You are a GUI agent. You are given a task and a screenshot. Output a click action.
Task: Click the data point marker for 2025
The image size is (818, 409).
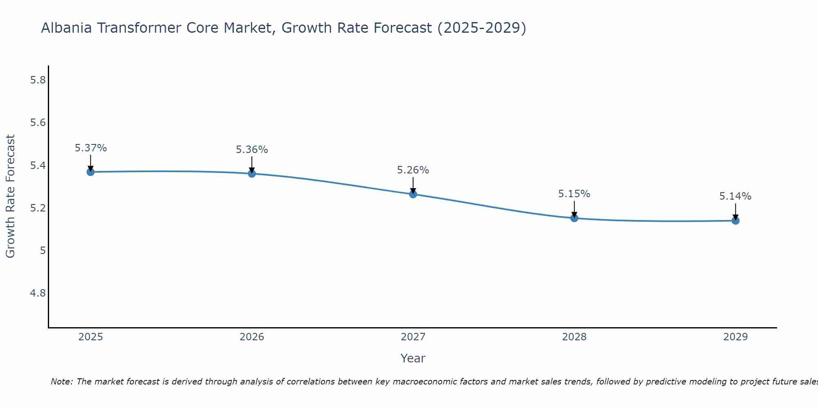(90, 172)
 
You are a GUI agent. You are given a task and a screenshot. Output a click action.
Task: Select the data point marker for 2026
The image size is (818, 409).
(252, 173)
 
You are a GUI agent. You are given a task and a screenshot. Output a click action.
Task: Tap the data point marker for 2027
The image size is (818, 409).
(413, 194)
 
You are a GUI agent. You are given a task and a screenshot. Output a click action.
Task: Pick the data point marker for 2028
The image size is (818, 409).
(574, 218)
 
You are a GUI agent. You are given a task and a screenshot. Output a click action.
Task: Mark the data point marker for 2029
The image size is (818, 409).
(735, 221)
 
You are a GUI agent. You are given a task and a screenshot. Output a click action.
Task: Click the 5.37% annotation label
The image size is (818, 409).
(90, 148)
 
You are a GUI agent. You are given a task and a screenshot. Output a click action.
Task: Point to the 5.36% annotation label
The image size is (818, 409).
(252, 150)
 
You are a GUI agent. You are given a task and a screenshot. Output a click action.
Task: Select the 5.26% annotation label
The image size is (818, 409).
(413, 170)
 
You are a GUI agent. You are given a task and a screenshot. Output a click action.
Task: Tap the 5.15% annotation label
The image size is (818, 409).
(574, 194)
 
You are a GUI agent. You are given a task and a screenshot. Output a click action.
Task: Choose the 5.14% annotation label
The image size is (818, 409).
(735, 196)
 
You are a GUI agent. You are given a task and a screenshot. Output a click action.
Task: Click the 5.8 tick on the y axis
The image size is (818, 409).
(38, 80)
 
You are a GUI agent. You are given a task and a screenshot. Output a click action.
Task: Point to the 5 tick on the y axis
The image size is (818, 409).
(43, 250)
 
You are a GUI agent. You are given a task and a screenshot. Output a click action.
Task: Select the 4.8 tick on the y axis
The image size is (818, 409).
(38, 293)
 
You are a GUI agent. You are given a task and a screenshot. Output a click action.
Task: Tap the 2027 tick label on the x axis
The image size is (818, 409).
(413, 337)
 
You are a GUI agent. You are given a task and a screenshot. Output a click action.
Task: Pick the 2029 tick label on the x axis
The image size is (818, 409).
(735, 337)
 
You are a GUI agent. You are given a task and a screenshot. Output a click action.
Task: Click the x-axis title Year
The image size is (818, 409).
(413, 358)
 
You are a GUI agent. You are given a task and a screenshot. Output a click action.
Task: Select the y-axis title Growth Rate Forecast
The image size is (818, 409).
(10, 196)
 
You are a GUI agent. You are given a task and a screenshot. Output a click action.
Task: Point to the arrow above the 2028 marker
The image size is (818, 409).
(574, 209)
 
